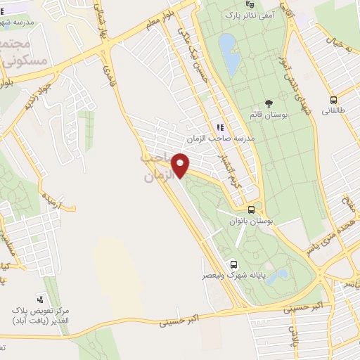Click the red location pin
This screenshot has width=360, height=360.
(181, 165)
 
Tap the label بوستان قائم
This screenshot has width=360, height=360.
(263, 114)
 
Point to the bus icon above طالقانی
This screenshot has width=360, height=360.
(333, 100)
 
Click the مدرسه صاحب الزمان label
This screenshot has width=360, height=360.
(224, 139)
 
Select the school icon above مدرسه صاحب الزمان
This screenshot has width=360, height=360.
(220, 127)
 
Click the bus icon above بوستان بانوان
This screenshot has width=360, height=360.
(251, 210)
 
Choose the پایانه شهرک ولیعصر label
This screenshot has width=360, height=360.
(233, 276)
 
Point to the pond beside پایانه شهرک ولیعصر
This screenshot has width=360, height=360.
(281, 274)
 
